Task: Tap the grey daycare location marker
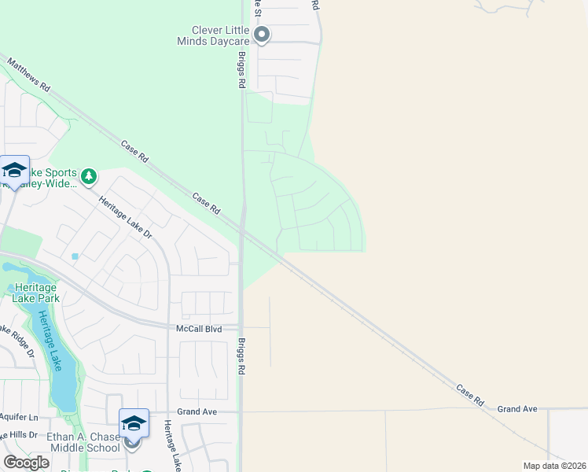point(262,35)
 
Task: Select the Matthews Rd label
point(28,75)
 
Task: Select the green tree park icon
point(90,175)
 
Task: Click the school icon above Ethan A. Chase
point(134,423)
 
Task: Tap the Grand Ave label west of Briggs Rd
point(197,411)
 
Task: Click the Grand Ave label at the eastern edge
point(516,409)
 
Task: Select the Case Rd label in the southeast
point(469,395)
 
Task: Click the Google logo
point(26,462)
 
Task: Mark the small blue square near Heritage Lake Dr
point(75,256)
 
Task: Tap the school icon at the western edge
point(14,170)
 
